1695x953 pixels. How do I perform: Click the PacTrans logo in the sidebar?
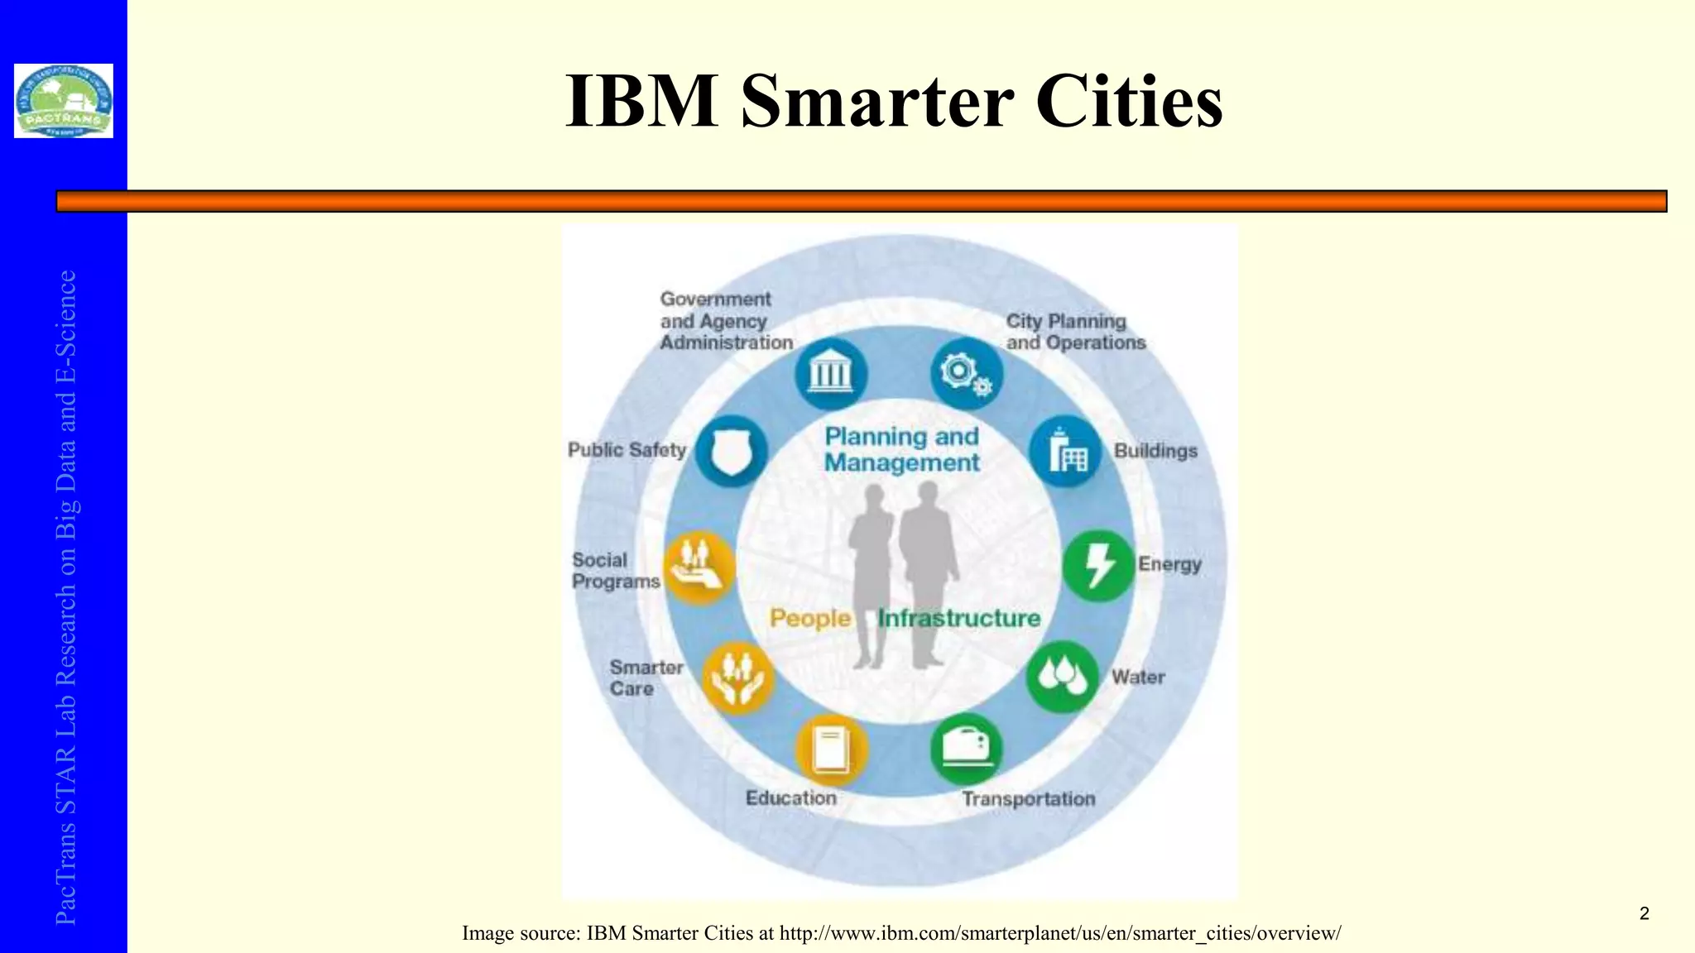click(x=64, y=101)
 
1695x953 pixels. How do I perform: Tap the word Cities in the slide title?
click(x=1129, y=101)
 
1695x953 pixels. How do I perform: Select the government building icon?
click(x=830, y=374)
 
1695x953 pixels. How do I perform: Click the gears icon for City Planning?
click(x=966, y=374)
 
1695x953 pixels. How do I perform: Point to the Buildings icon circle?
click(x=1065, y=451)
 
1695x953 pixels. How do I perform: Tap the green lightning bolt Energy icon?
click(x=1098, y=566)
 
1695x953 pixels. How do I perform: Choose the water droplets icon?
click(x=1062, y=677)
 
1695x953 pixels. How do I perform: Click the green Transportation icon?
click(x=966, y=749)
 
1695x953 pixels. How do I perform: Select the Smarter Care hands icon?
click(x=737, y=678)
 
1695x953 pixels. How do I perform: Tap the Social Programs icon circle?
click(x=700, y=567)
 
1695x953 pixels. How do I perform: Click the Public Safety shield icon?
click(x=731, y=451)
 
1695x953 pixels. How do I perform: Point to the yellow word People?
click(x=810, y=618)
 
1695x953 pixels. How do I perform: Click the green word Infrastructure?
click(x=959, y=618)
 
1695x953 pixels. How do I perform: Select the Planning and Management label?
click(x=901, y=449)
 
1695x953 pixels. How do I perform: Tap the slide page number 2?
click(x=1644, y=913)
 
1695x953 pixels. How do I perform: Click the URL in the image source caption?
click(x=1060, y=933)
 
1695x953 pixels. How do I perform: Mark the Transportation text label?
click(x=1028, y=799)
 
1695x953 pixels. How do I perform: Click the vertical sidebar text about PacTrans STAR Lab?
click(x=66, y=596)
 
